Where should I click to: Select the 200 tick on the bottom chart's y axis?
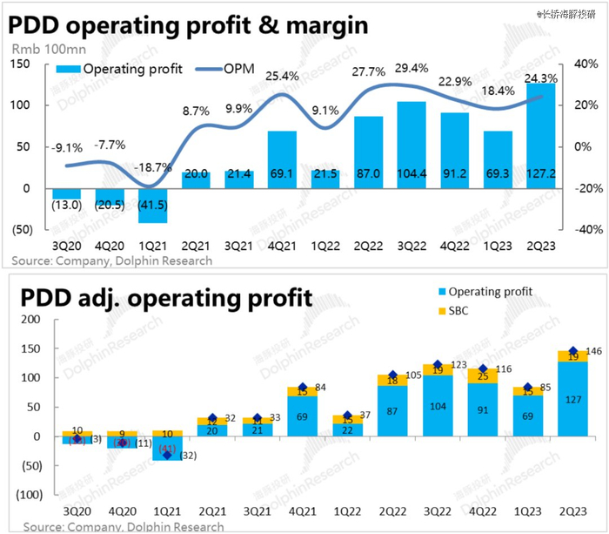(31, 320)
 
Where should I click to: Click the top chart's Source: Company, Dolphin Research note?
(112, 260)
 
